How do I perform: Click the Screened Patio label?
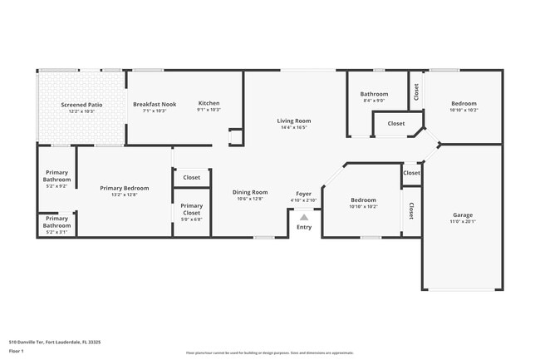pos(81,105)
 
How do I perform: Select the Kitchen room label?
pos(209,104)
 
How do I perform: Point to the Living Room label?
pos(293,121)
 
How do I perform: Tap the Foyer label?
pos(304,194)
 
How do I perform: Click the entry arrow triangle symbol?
pos(304,218)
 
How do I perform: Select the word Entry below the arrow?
pos(304,227)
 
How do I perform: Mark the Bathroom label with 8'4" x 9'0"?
pos(374,94)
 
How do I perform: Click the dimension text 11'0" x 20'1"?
pos(463,221)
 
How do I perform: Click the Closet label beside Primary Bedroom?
pos(191,177)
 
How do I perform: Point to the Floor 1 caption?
pos(17,350)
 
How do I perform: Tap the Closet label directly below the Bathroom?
pos(395,124)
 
